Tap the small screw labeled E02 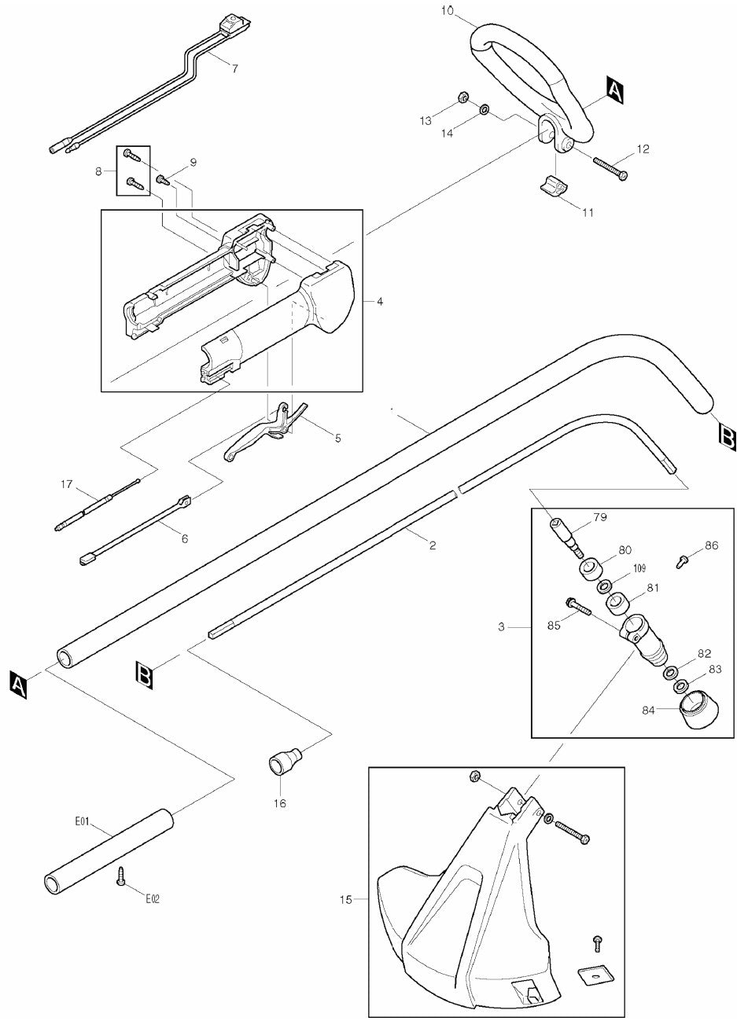tap(121, 878)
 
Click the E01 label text tap(82, 821)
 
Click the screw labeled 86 tap(681, 561)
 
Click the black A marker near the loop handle tap(614, 90)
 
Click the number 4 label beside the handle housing tap(380, 301)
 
